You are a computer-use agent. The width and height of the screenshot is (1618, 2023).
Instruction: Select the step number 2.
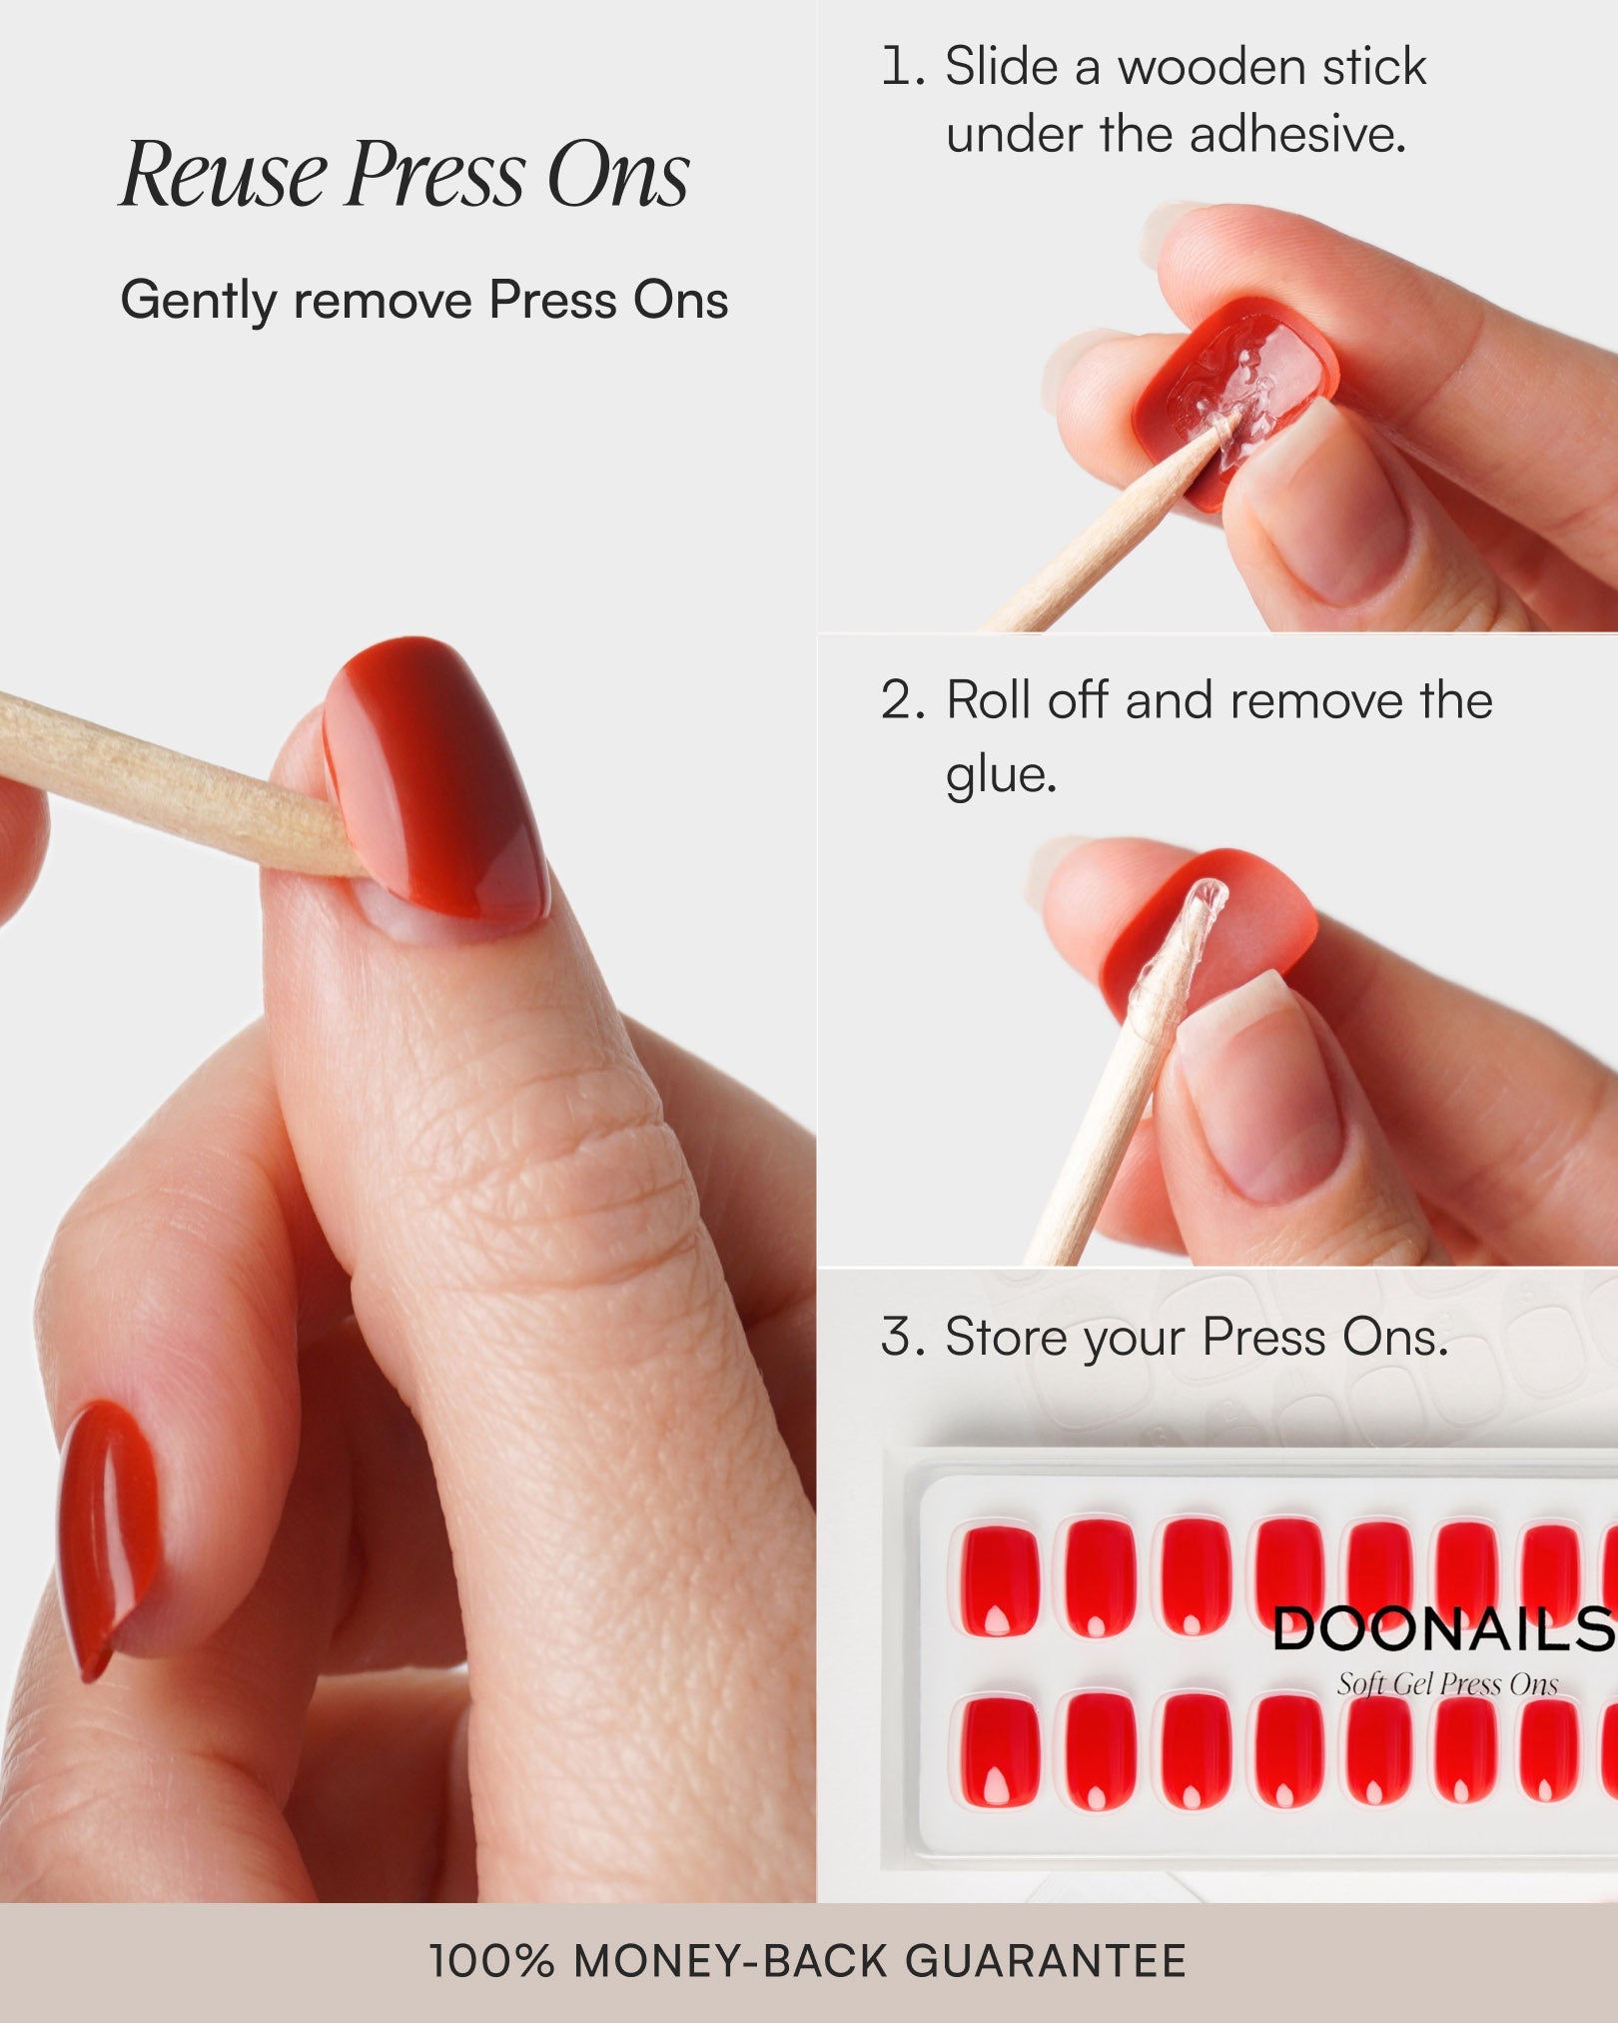point(904,700)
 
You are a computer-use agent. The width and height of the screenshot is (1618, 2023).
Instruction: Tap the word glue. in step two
point(1001,775)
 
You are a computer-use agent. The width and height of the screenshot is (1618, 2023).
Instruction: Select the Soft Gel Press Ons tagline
point(1447,1685)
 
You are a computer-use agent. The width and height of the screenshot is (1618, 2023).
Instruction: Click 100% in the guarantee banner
point(490,1961)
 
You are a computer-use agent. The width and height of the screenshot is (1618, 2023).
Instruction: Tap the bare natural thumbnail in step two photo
point(1263,1089)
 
